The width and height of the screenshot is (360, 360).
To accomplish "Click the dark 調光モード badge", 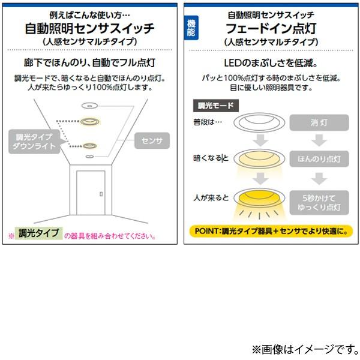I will tap(217, 105).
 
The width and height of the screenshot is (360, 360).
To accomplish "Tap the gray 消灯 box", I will tap(319, 122).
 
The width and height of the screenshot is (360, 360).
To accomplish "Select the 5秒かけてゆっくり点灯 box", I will tap(319, 202).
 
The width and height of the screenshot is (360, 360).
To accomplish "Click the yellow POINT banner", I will tap(271, 230).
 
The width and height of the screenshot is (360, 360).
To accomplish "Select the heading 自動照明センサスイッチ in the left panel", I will tap(90, 28).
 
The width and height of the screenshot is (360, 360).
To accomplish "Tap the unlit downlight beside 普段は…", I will tap(260, 125).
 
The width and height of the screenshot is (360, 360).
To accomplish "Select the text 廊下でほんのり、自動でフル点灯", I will tap(90, 64).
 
